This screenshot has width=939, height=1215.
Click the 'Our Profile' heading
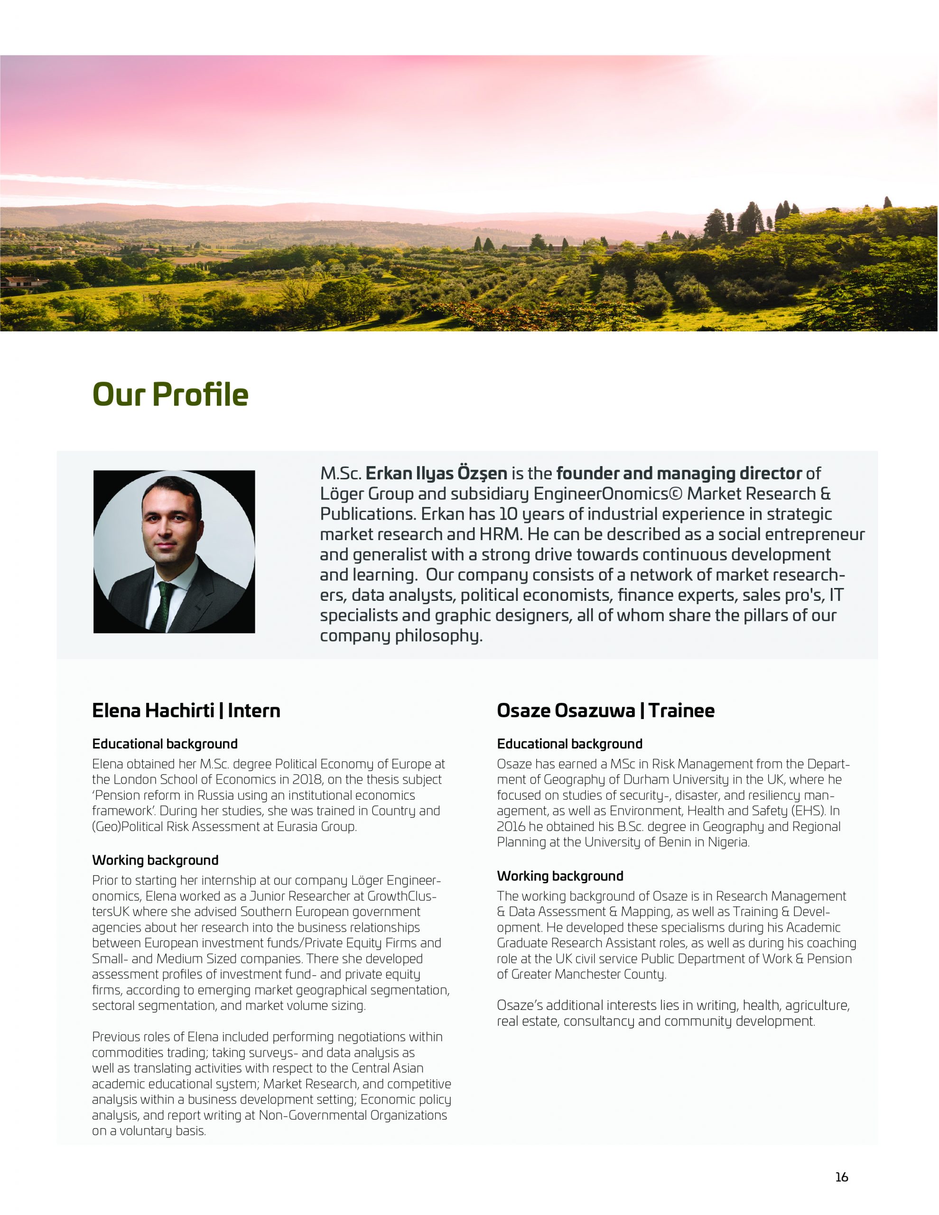(x=170, y=394)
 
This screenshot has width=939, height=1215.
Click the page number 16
(x=841, y=1177)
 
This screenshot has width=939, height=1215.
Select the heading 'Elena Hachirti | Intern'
(x=186, y=710)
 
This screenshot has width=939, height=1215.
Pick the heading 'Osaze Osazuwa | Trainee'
(x=605, y=710)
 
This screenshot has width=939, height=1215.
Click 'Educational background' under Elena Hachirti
(x=165, y=744)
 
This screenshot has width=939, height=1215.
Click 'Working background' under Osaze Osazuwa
(x=559, y=876)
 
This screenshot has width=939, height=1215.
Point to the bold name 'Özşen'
(x=482, y=474)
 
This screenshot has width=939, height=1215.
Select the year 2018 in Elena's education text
(x=307, y=779)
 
